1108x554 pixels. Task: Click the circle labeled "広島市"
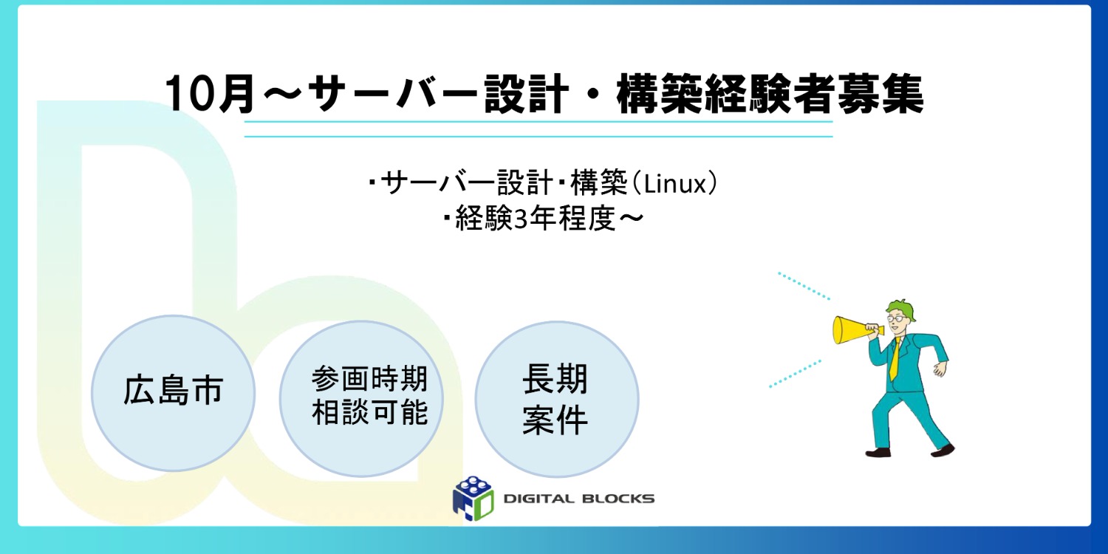coord(173,392)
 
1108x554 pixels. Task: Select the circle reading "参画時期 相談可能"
coord(360,397)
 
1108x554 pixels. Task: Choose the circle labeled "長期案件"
coord(555,399)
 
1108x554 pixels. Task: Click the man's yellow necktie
coord(895,360)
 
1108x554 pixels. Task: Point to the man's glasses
coord(895,316)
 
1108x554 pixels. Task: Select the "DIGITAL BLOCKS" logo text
coord(578,499)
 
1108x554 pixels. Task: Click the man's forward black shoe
coord(943,450)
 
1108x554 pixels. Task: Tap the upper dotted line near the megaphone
coord(804,286)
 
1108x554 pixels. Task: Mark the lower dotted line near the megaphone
coord(796,373)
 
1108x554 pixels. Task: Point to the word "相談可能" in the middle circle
coord(369,413)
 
